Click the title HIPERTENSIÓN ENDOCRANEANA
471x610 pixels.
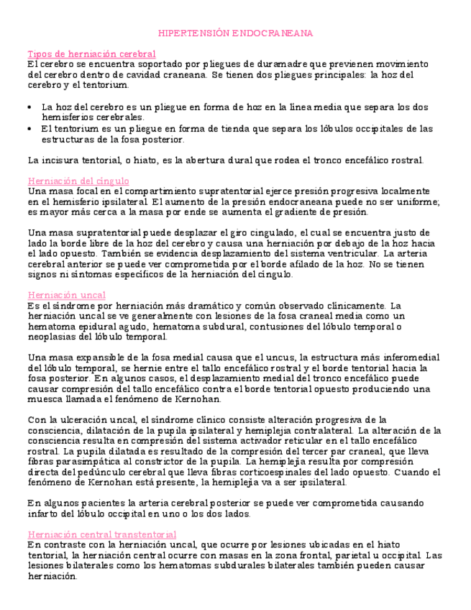235,33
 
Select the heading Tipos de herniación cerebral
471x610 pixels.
91,54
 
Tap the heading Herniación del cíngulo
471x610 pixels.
78,181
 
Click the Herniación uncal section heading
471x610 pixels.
66,295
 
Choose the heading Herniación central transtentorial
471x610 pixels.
101,534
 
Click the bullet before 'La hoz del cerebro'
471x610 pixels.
29,107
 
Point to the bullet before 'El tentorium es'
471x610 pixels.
29,129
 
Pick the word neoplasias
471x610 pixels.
53,337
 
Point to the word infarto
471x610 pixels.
42,514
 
